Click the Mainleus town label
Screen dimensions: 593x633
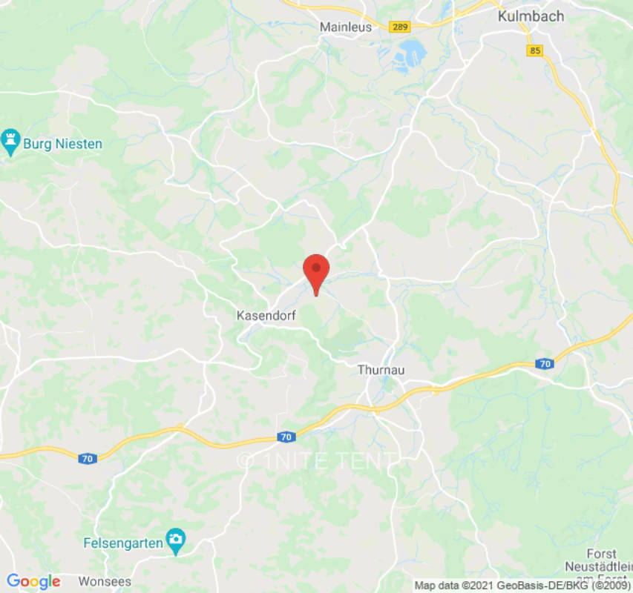pos(344,27)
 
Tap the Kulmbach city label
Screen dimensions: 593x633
pos(531,16)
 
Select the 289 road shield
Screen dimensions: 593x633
pos(400,27)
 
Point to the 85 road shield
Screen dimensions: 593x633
pos(535,50)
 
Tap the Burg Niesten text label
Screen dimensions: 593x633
pos(62,144)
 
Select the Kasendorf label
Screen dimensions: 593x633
pos(266,316)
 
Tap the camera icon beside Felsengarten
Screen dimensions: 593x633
pos(176,543)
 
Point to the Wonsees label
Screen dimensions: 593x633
pos(105,581)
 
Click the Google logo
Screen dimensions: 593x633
pos(33,581)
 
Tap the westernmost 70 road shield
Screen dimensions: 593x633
pos(88,459)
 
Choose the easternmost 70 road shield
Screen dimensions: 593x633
pos(545,364)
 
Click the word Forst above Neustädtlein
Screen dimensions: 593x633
pos(601,554)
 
